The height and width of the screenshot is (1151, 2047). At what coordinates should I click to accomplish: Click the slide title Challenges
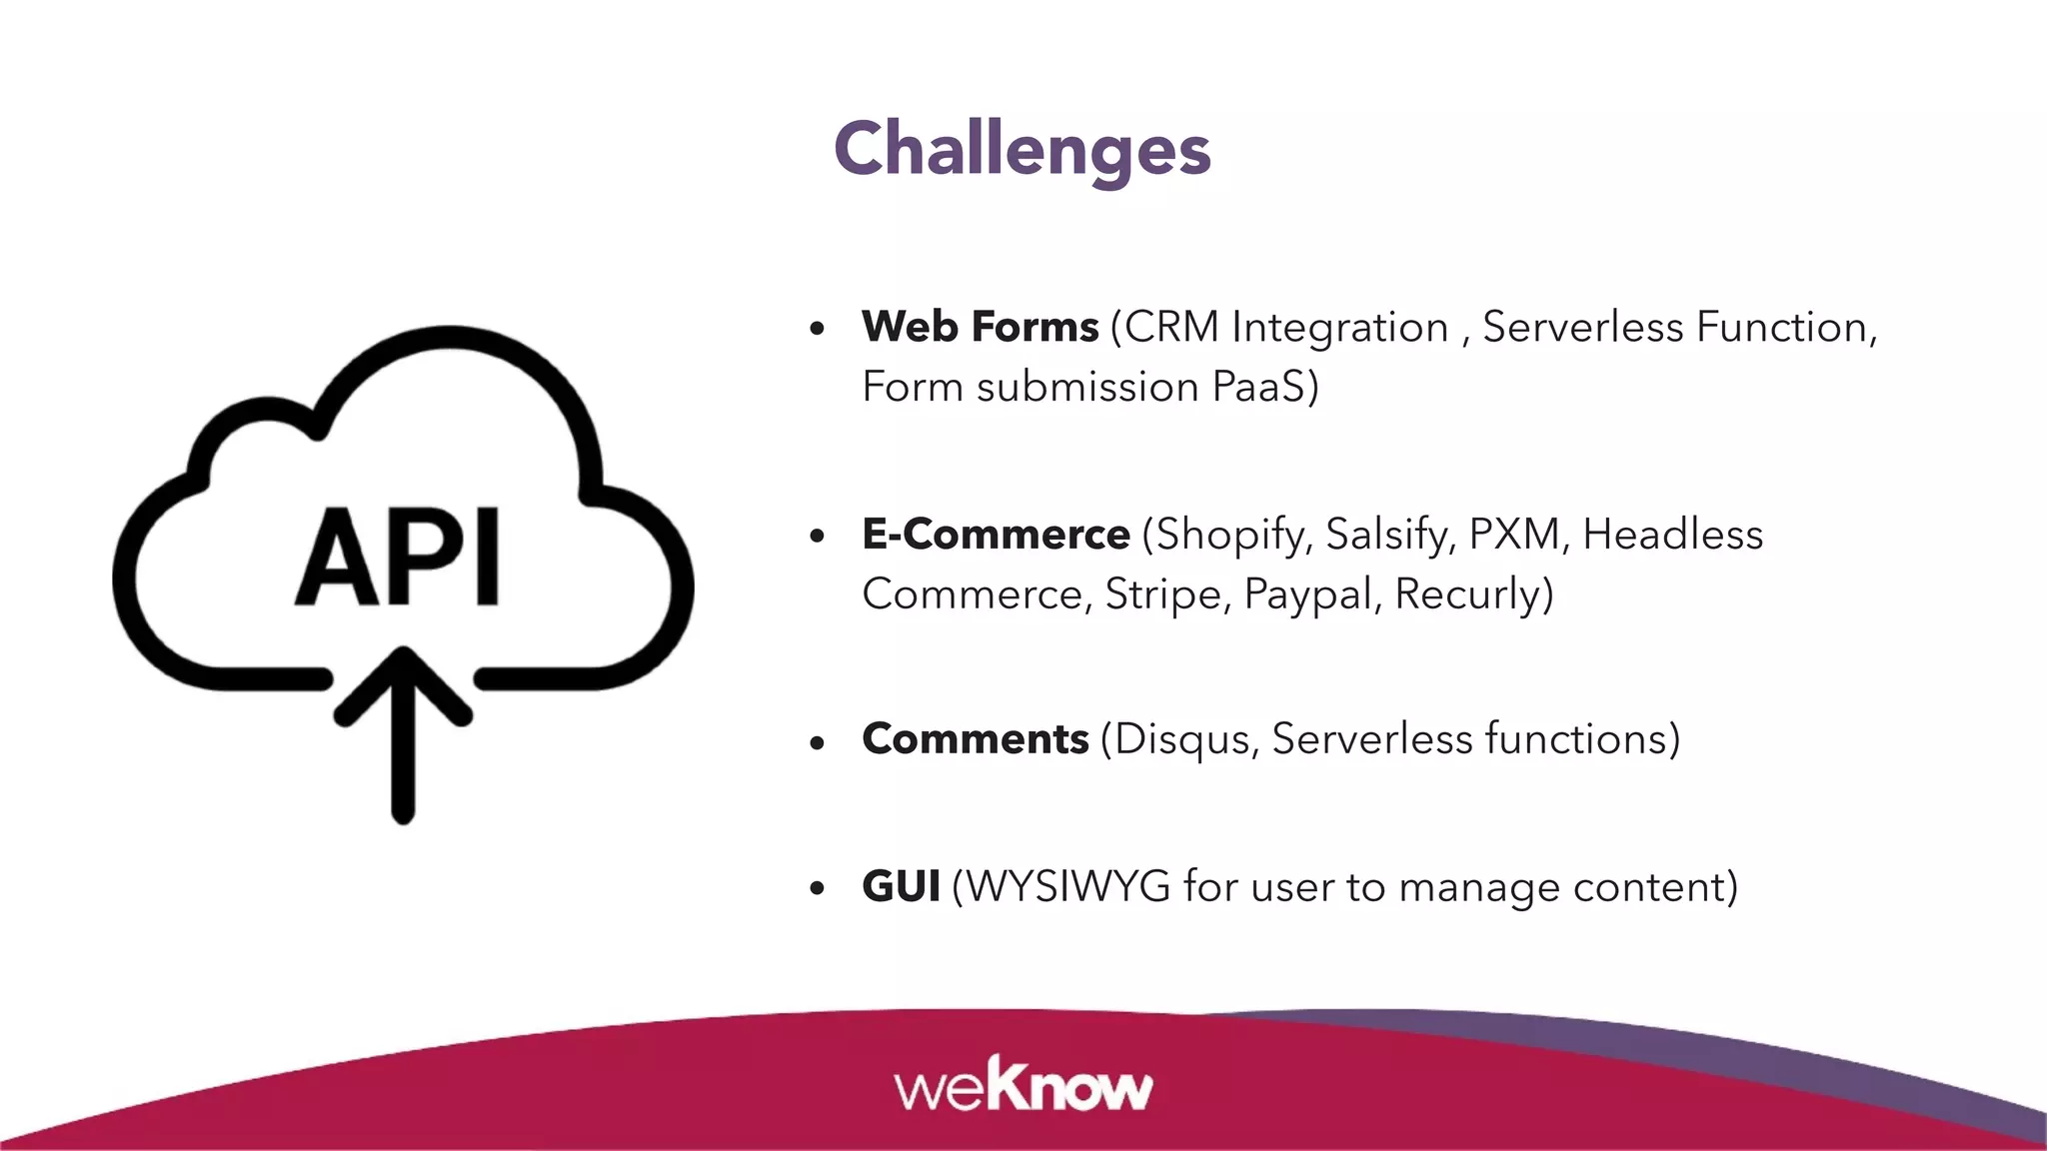click(1022, 149)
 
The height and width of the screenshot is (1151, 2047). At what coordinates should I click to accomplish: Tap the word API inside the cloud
click(398, 557)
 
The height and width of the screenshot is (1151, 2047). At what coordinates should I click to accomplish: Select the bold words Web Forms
click(980, 327)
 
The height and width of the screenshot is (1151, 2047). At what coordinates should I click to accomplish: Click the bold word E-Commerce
click(996, 535)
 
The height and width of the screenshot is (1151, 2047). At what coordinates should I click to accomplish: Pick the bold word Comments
click(975, 739)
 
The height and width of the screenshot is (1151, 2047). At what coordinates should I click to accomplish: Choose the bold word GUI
click(901, 886)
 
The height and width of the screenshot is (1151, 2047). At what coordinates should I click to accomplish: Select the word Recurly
click(1469, 594)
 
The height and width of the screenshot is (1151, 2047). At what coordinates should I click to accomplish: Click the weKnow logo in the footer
click(1023, 1085)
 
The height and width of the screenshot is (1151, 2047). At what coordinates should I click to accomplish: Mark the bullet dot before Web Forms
click(818, 328)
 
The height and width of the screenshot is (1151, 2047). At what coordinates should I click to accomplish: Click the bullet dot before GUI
click(818, 887)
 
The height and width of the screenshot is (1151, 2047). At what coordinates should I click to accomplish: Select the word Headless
click(1672, 535)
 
